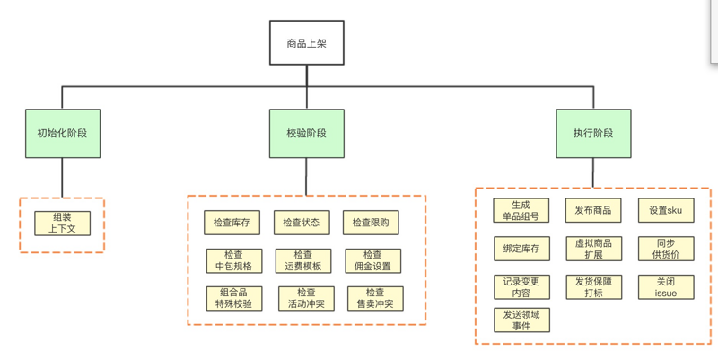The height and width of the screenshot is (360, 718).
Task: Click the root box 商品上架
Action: (x=306, y=43)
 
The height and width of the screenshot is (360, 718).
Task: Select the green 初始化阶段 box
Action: (x=62, y=134)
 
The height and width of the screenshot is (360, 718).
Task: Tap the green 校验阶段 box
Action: (x=306, y=134)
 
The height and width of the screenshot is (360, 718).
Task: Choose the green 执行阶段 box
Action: (x=593, y=134)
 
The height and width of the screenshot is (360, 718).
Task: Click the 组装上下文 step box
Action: (x=62, y=223)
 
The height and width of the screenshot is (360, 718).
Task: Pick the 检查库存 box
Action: (x=232, y=223)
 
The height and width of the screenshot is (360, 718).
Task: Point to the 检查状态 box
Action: (x=301, y=223)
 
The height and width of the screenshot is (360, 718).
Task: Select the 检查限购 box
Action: (x=371, y=223)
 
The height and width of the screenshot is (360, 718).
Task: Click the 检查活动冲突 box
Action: (x=306, y=298)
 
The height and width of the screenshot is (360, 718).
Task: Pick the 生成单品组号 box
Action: (x=521, y=210)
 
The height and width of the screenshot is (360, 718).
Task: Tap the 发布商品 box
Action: (x=592, y=210)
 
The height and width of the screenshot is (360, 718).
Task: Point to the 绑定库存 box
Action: (x=521, y=248)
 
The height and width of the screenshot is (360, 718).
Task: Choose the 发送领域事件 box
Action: (x=521, y=320)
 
